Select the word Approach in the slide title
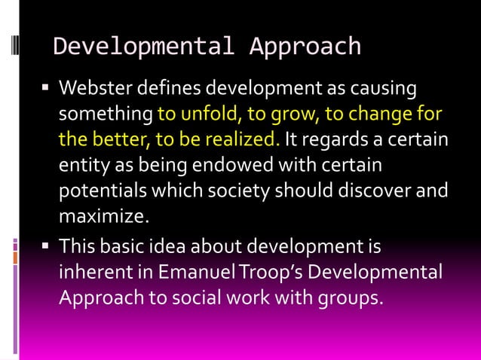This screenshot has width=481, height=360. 305,47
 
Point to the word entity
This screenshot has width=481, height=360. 80,165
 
